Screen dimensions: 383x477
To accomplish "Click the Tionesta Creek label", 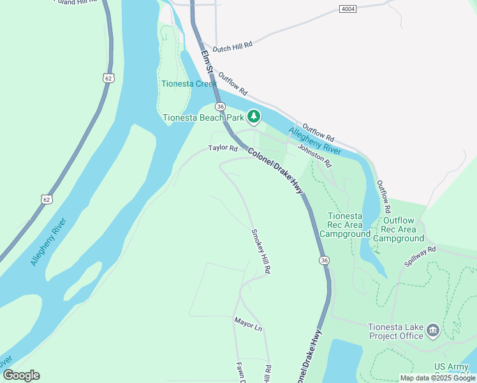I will tap(189, 84).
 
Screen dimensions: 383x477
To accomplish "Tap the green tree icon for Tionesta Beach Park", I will tap(254, 116).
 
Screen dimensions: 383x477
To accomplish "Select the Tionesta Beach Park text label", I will tap(203, 117).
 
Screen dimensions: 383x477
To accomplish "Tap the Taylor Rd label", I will tap(223, 148).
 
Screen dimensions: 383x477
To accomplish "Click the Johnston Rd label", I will tap(315, 155).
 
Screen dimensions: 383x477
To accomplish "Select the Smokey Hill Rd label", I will tap(261, 252).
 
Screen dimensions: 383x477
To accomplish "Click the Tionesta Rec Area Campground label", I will tap(345, 225).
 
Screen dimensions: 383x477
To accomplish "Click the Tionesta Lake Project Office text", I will tap(395, 331).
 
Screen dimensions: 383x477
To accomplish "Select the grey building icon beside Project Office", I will tap(433, 330).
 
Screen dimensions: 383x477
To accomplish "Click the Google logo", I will tap(21, 375).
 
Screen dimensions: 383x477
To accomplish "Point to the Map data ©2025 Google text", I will tap(437, 378).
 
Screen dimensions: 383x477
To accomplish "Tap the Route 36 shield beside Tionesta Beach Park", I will tap(220, 106).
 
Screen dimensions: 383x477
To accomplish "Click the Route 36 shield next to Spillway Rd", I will tap(325, 260).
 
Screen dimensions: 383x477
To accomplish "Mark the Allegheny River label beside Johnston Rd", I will tap(314, 141).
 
